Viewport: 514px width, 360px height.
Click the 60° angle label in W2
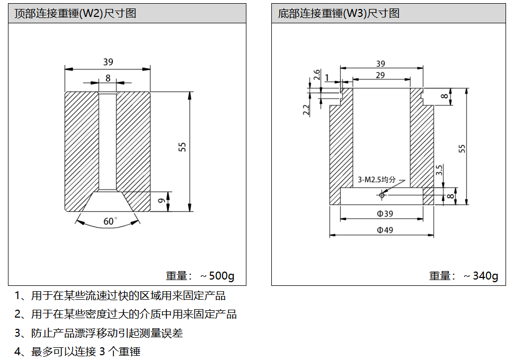point(110,221)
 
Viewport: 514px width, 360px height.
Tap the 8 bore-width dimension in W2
point(108,78)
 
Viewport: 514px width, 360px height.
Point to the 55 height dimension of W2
point(182,147)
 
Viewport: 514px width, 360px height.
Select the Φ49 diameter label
point(382,230)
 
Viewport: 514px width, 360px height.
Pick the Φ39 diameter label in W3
point(382,214)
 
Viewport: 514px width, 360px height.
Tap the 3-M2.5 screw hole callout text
point(377,179)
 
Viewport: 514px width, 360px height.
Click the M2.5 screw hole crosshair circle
point(382,195)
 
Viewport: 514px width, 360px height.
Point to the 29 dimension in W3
point(380,75)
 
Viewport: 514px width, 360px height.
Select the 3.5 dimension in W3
point(439,170)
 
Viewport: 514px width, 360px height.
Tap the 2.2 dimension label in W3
point(306,110)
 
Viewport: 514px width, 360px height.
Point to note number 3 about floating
point(99,333)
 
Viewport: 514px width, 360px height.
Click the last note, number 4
point(77,352)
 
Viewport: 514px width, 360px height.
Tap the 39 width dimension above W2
point(108,62)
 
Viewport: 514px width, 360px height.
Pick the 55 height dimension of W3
point(462,148)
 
